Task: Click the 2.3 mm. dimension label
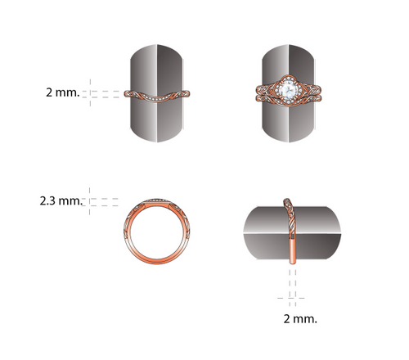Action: click(x=61, y=201)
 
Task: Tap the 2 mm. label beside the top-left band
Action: click(x=63, y=92)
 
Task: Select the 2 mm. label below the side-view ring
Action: click(x=300, y=318)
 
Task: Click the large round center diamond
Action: click(x=289, y=89)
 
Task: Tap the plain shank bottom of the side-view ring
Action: click(x=293, y=250)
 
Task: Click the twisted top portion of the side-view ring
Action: click(x=290, y=215)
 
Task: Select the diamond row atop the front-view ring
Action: click(x=157, y=200)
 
